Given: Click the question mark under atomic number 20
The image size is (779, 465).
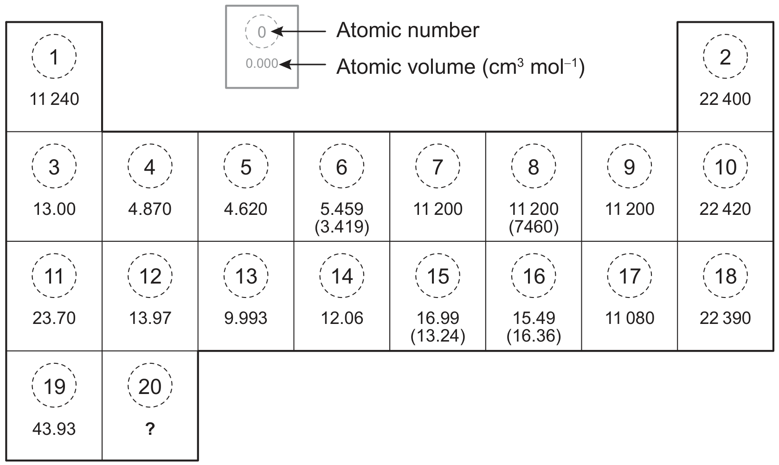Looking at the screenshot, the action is coord(150,429).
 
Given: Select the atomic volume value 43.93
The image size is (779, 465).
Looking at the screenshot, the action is coord(54,429).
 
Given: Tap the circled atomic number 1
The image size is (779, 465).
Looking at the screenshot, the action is coord(54,56).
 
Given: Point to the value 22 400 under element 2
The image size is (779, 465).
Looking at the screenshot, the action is coord(725,99).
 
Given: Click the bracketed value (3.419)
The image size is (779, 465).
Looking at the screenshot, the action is coord(342,227).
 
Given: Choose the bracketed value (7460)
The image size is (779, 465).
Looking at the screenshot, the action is coord(534,227).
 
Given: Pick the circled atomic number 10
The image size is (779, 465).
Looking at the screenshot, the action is coord(726,166).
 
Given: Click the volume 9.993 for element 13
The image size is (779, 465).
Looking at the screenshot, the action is coord(246,318).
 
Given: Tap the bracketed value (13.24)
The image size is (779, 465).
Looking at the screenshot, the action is coord(438,336).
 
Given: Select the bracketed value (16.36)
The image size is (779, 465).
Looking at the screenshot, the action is coord(534,336).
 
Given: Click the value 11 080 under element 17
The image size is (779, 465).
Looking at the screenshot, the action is coord(630,318).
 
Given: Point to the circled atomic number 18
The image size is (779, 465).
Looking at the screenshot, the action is coord(726,276).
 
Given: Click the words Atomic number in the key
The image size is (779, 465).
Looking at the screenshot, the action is coord(407,30).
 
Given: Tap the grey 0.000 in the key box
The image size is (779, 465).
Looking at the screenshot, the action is coord(262,64).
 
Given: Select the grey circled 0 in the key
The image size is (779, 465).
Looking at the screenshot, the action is coord(262,31).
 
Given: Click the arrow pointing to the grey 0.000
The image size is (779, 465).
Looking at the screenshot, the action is coord(303,65).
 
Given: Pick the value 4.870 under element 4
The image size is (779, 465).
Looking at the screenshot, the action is coord(150,209).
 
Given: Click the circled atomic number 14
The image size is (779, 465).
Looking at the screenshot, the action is coord(342,276).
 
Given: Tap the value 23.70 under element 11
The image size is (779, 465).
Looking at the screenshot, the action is coord(54,318).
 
